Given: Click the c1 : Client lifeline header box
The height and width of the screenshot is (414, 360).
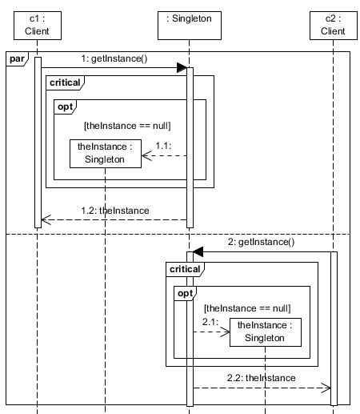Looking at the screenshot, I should (38, 25).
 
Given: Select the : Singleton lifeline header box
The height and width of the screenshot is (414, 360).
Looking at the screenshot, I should (190, 25).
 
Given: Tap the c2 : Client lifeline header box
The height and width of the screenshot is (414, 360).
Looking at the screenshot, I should (334, 25).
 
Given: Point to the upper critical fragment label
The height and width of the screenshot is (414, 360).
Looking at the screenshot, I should (64, 82).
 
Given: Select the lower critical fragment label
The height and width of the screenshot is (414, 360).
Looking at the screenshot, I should (183, 269).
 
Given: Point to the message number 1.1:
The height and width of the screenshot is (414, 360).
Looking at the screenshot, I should (164, 145).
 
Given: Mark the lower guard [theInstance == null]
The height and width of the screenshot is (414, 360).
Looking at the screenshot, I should (247, 307).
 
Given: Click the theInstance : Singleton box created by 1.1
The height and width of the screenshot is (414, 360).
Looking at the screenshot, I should (105, 153).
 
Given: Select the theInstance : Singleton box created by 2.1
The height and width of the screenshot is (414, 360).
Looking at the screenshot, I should (265, 332).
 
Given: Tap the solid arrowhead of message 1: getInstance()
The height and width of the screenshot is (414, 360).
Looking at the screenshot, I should (182, 70).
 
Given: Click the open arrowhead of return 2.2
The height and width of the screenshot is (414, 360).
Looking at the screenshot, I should (327, 388).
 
